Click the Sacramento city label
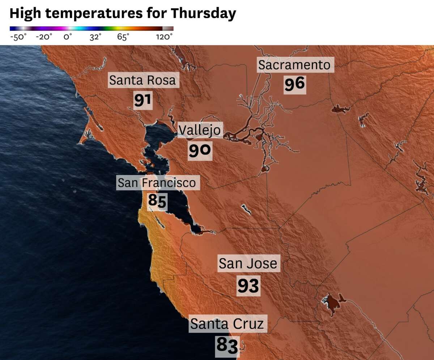tap(294, 65)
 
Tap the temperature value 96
tap(295, 84)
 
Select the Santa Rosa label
tap(142, 80)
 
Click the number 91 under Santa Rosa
tap(142, 100)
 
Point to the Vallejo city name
tap(200, 130)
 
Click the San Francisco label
tap(157, 183)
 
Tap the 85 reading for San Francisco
tap(157, 201)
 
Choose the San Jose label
tap(248, 263)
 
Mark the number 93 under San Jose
tap(248, 286)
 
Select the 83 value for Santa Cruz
tap(227, 345)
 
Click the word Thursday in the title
tap(203, 13)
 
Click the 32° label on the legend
tap(95, 37)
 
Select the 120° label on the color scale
tap(164, 37)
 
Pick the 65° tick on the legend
tap(123, 37)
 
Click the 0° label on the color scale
tap(68, 37)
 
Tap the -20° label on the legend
tap(44, 37)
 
